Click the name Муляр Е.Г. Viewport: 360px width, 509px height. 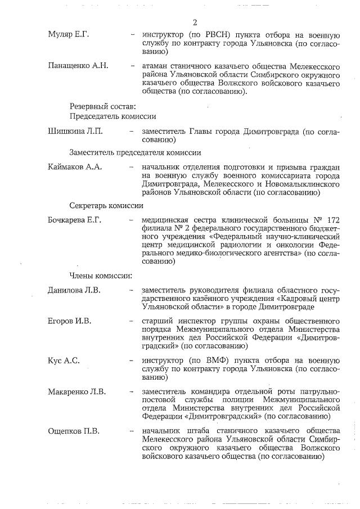[68, 35]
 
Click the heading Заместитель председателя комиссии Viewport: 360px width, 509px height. [135, 152]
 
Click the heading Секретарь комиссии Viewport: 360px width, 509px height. [102, 205]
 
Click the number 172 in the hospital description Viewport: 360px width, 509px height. [333, 220]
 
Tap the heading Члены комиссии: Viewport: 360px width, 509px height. [101, 276]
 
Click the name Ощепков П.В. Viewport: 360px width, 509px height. [74, 431]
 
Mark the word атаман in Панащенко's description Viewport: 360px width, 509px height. [157, 66]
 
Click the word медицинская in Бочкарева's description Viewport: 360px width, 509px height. [168, 220]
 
